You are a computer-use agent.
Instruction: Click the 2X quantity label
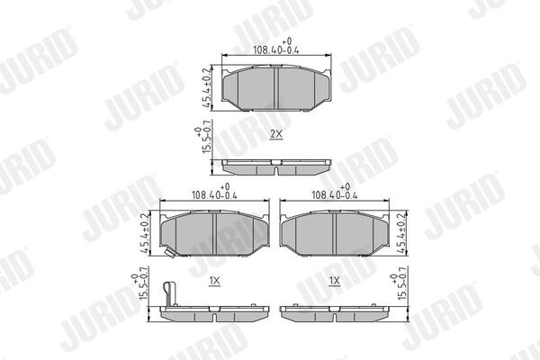[x=276, y=134]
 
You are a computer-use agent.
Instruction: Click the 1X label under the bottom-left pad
[x=214, y=281]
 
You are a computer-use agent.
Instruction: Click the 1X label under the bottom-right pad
[x=335, y=281]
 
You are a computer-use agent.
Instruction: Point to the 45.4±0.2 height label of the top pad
[x=207, y=88]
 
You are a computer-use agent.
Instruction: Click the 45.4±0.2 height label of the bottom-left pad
[x=145, y=233]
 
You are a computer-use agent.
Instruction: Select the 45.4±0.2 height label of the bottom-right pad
[x=401, y=233]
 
